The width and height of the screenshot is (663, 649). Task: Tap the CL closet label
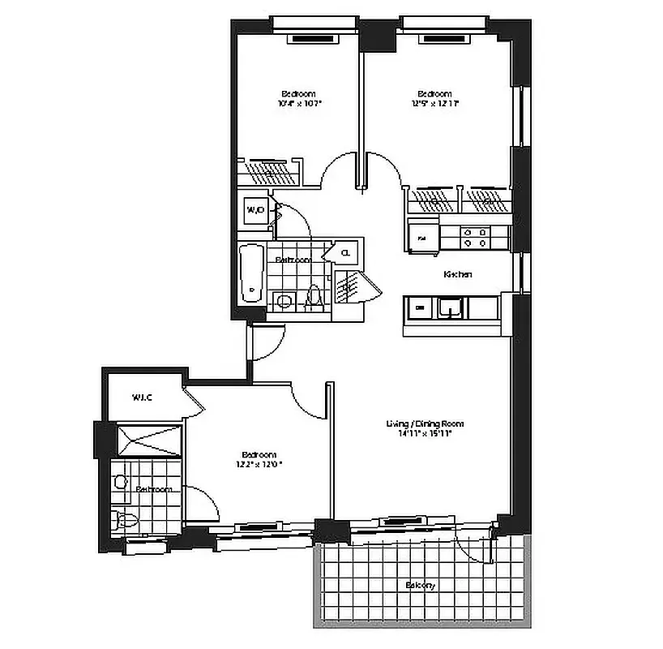coord(346,252)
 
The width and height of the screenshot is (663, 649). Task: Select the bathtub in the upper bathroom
coord(252,273)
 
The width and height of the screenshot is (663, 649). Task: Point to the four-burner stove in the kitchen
coord(475,237)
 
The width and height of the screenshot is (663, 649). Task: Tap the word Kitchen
coord(458,275)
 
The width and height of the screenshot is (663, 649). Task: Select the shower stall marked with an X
coord(151,440)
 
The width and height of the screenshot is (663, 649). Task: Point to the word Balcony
coord(421,586)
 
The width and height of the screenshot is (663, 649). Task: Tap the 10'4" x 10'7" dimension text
coord(300,104)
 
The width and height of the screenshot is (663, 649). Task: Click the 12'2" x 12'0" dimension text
coord(259,465)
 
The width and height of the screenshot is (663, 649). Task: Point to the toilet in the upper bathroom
coord(314,299)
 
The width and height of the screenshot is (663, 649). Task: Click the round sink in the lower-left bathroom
coord(122,482)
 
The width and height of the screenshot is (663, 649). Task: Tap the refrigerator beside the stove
coord(422,238)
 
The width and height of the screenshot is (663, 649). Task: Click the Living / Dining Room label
coord(425,423)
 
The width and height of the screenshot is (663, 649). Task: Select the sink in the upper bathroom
coord(284,302)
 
